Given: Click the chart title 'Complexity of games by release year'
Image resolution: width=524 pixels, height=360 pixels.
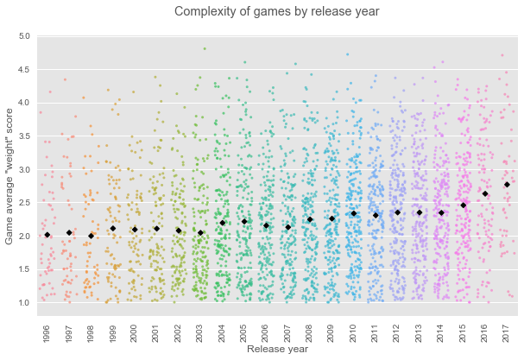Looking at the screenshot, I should coord(276,11).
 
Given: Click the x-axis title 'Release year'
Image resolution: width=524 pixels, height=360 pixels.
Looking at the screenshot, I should coord(276,350).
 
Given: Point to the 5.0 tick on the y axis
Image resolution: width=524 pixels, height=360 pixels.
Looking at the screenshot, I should coord(23,36).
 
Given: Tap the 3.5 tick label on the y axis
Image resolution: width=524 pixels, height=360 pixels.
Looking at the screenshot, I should coord(23,136).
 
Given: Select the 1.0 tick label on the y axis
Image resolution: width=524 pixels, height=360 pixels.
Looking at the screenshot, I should coord(23,303).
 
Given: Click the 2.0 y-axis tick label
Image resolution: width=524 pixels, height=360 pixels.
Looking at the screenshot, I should coord(23,237).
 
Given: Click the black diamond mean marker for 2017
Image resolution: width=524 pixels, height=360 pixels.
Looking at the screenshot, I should coord(507,184).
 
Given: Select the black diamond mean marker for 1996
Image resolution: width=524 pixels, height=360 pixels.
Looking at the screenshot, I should coord(47,235).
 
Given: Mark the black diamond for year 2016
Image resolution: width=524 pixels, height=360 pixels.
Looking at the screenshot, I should coord(485,193).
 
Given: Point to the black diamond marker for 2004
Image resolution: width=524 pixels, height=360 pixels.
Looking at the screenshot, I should coord(222,223).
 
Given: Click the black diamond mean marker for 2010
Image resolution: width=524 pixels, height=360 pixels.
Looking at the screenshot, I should coord(353,213).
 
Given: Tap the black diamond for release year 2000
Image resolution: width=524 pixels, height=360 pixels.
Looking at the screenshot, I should coord(135,230).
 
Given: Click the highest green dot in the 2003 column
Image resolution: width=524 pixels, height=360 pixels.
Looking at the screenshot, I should coord(204,48).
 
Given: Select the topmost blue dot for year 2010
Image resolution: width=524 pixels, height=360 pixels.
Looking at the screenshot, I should coord(348,54).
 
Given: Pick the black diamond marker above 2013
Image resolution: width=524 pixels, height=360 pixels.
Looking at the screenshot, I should coord(420,212).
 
